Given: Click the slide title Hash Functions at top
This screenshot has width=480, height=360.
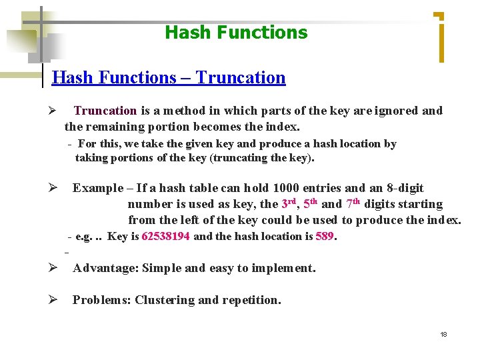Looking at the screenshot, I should click(x=236, y=32).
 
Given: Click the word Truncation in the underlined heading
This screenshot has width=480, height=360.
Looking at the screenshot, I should click(x=241, y=78).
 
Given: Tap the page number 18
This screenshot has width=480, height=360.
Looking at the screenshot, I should click(x=443, y=334).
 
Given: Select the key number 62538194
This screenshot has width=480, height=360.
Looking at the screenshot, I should click(x=166, y=236).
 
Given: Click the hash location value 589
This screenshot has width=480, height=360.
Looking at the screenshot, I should click(x=325, y=236).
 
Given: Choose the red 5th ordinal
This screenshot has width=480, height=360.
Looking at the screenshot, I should click(x=311, y=203).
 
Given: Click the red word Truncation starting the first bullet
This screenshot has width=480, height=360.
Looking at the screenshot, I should click(x=105, y=111).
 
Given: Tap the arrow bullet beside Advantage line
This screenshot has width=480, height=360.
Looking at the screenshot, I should click(x=51, y=268).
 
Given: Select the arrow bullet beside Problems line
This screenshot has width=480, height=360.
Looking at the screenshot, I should click(x=51, y=300).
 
